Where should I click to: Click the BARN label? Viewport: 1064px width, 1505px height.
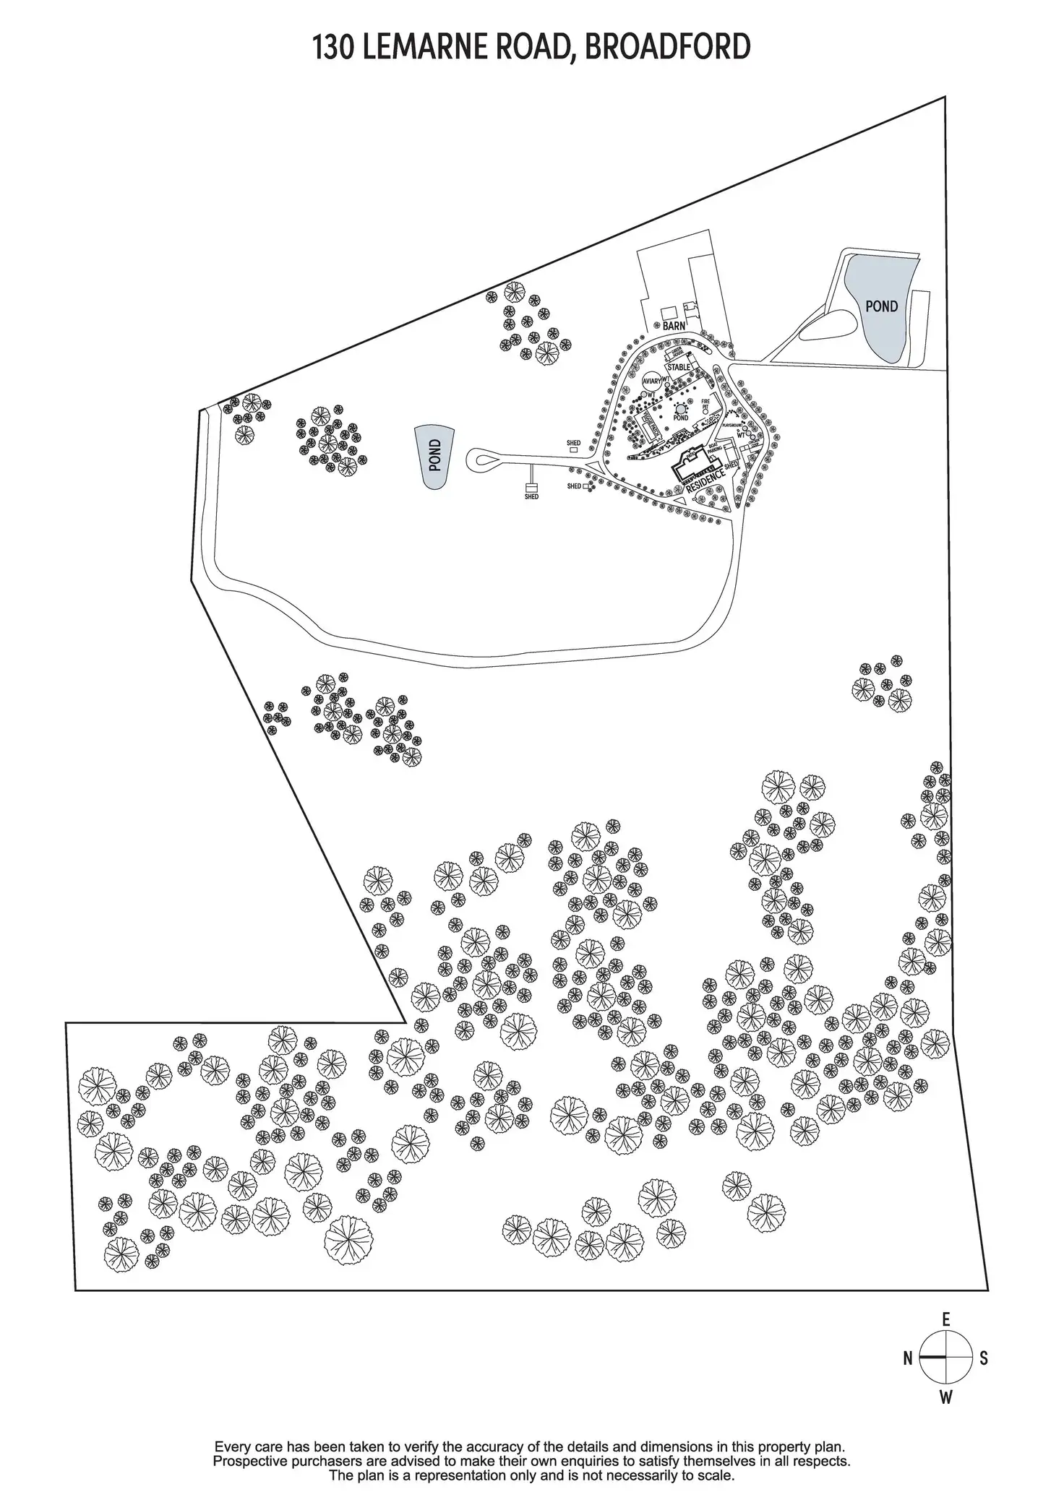(x=674, y=326)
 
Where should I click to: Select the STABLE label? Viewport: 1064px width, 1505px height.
(x=679, y=367)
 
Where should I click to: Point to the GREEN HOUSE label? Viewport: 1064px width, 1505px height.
(x=677, y=352)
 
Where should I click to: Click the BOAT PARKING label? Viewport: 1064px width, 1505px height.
(x=714, y=448)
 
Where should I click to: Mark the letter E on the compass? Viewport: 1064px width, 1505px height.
(x=945, y=1320)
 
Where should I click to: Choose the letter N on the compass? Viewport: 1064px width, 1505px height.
(x=908, y=1358)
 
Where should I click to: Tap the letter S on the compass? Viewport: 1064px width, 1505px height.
(x=983, y=1358)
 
